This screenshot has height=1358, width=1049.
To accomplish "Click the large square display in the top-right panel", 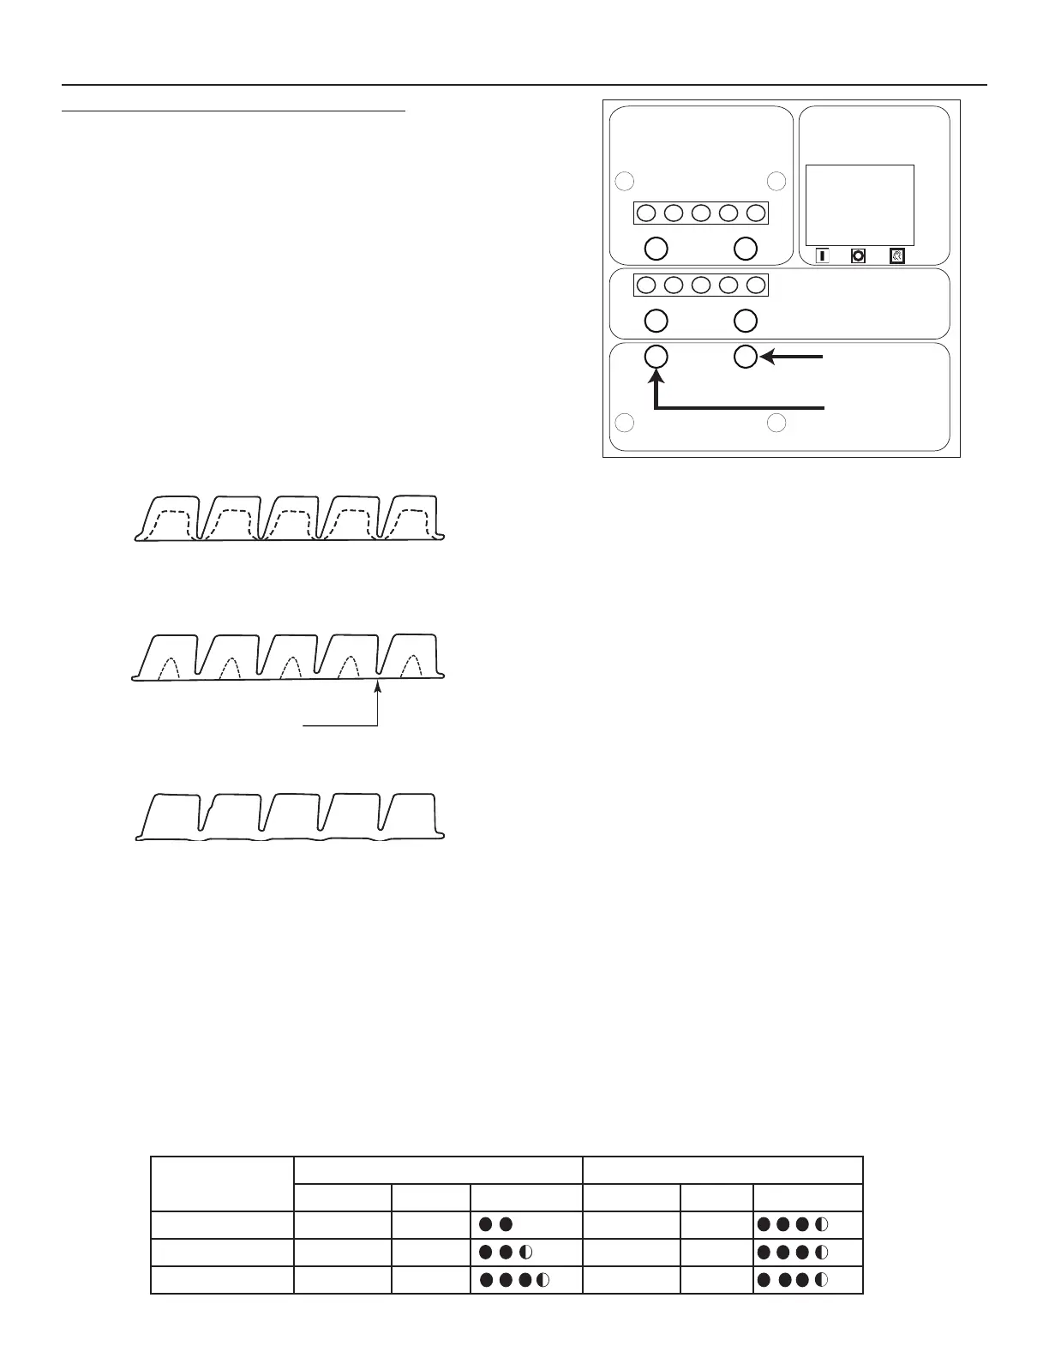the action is tap(860, 205).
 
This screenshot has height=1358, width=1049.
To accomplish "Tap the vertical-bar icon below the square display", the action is tap(822, 255).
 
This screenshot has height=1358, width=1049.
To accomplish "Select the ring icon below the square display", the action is tap(858, 255).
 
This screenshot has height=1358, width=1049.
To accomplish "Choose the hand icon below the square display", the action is tap(897, 255).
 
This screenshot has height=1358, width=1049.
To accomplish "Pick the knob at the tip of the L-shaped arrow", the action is tap(656, 357).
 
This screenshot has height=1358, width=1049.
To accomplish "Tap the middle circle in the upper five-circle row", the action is tap(701, 213).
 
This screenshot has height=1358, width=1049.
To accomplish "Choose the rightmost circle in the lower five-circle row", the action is tap(755, 285).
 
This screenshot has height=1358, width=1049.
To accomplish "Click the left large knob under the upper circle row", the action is tap(656, 248).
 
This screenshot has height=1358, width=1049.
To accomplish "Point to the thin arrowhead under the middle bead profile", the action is tap(377, 683).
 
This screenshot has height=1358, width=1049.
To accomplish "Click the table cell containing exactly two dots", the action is tap(526, 1224).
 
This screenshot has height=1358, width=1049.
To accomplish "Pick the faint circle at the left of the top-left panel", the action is tap(626, 181).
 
